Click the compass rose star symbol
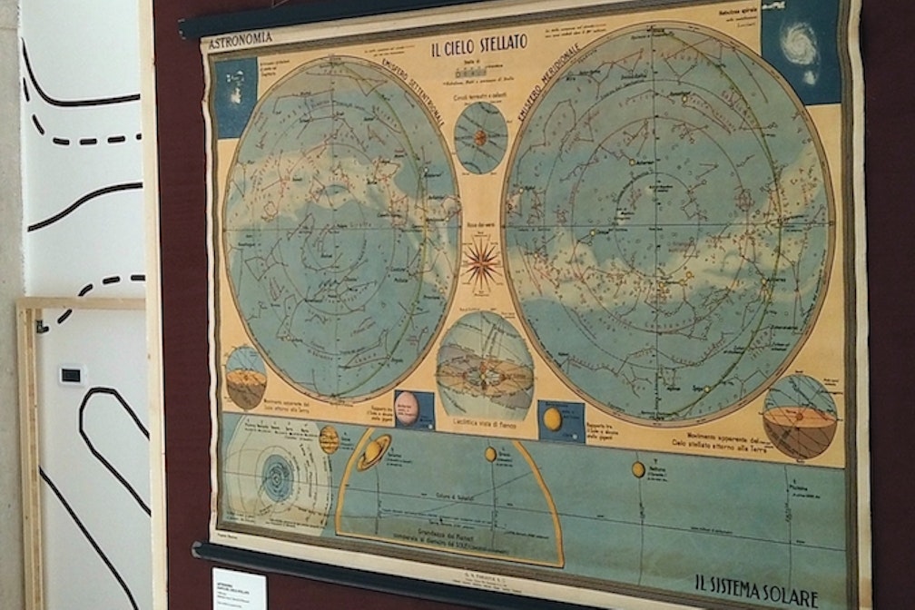(481, 265)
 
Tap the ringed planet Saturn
(373, 451)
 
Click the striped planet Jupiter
(329, 440)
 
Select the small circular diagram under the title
(480, 137)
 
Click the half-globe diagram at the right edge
(799, 416)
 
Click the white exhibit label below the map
(239, 590)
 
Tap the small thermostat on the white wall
(71, 374)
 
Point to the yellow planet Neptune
(638, 469)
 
